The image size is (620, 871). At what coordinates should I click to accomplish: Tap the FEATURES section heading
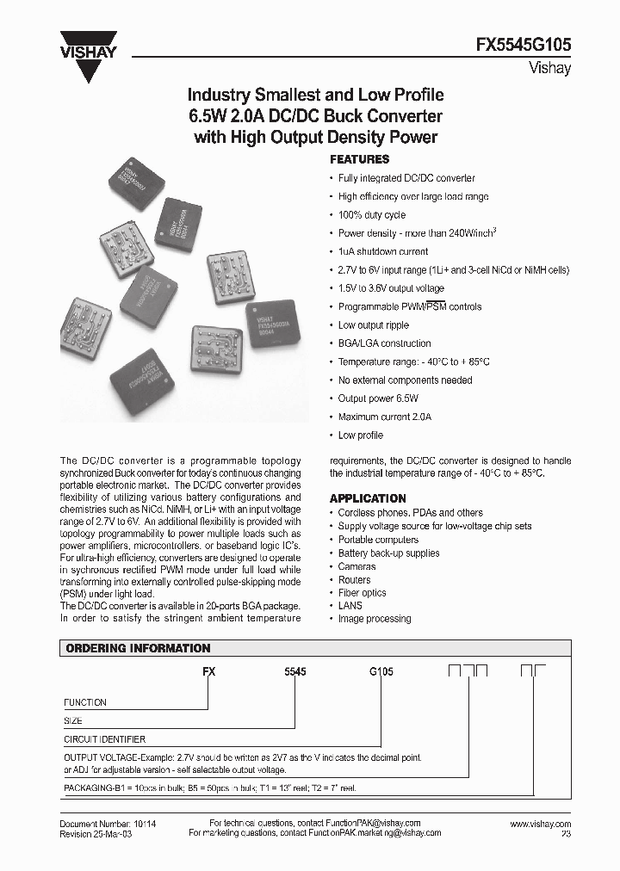click(x=360, y=159)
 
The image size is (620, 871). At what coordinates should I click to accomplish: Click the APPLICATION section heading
click(x=368, y=498)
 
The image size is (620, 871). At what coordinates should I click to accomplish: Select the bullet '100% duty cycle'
click(x=371, y=215)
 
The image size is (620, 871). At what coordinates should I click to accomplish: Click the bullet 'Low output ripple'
click(x=373, y=325)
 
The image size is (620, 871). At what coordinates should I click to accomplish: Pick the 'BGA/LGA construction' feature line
click(x=384, y=343)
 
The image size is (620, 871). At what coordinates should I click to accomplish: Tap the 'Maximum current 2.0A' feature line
click(x=384, y=417)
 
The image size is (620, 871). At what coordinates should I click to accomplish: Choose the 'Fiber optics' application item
click(x=363, y=593)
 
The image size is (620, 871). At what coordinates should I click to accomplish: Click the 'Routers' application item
click(x=355, y=580)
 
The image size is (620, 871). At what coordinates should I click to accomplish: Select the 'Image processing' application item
click(x=375, y=619)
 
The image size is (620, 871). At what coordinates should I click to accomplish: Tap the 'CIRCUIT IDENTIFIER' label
click(x=105, y=739)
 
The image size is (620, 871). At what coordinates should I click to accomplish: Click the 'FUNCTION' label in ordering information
click(x=85, y=703)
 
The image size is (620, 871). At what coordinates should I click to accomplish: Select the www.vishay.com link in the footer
click(x=540, y=824)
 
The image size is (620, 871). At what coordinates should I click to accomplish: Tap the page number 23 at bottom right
click(x=566, y=834)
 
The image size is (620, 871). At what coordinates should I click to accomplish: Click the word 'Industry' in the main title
click(x=220, y=95)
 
